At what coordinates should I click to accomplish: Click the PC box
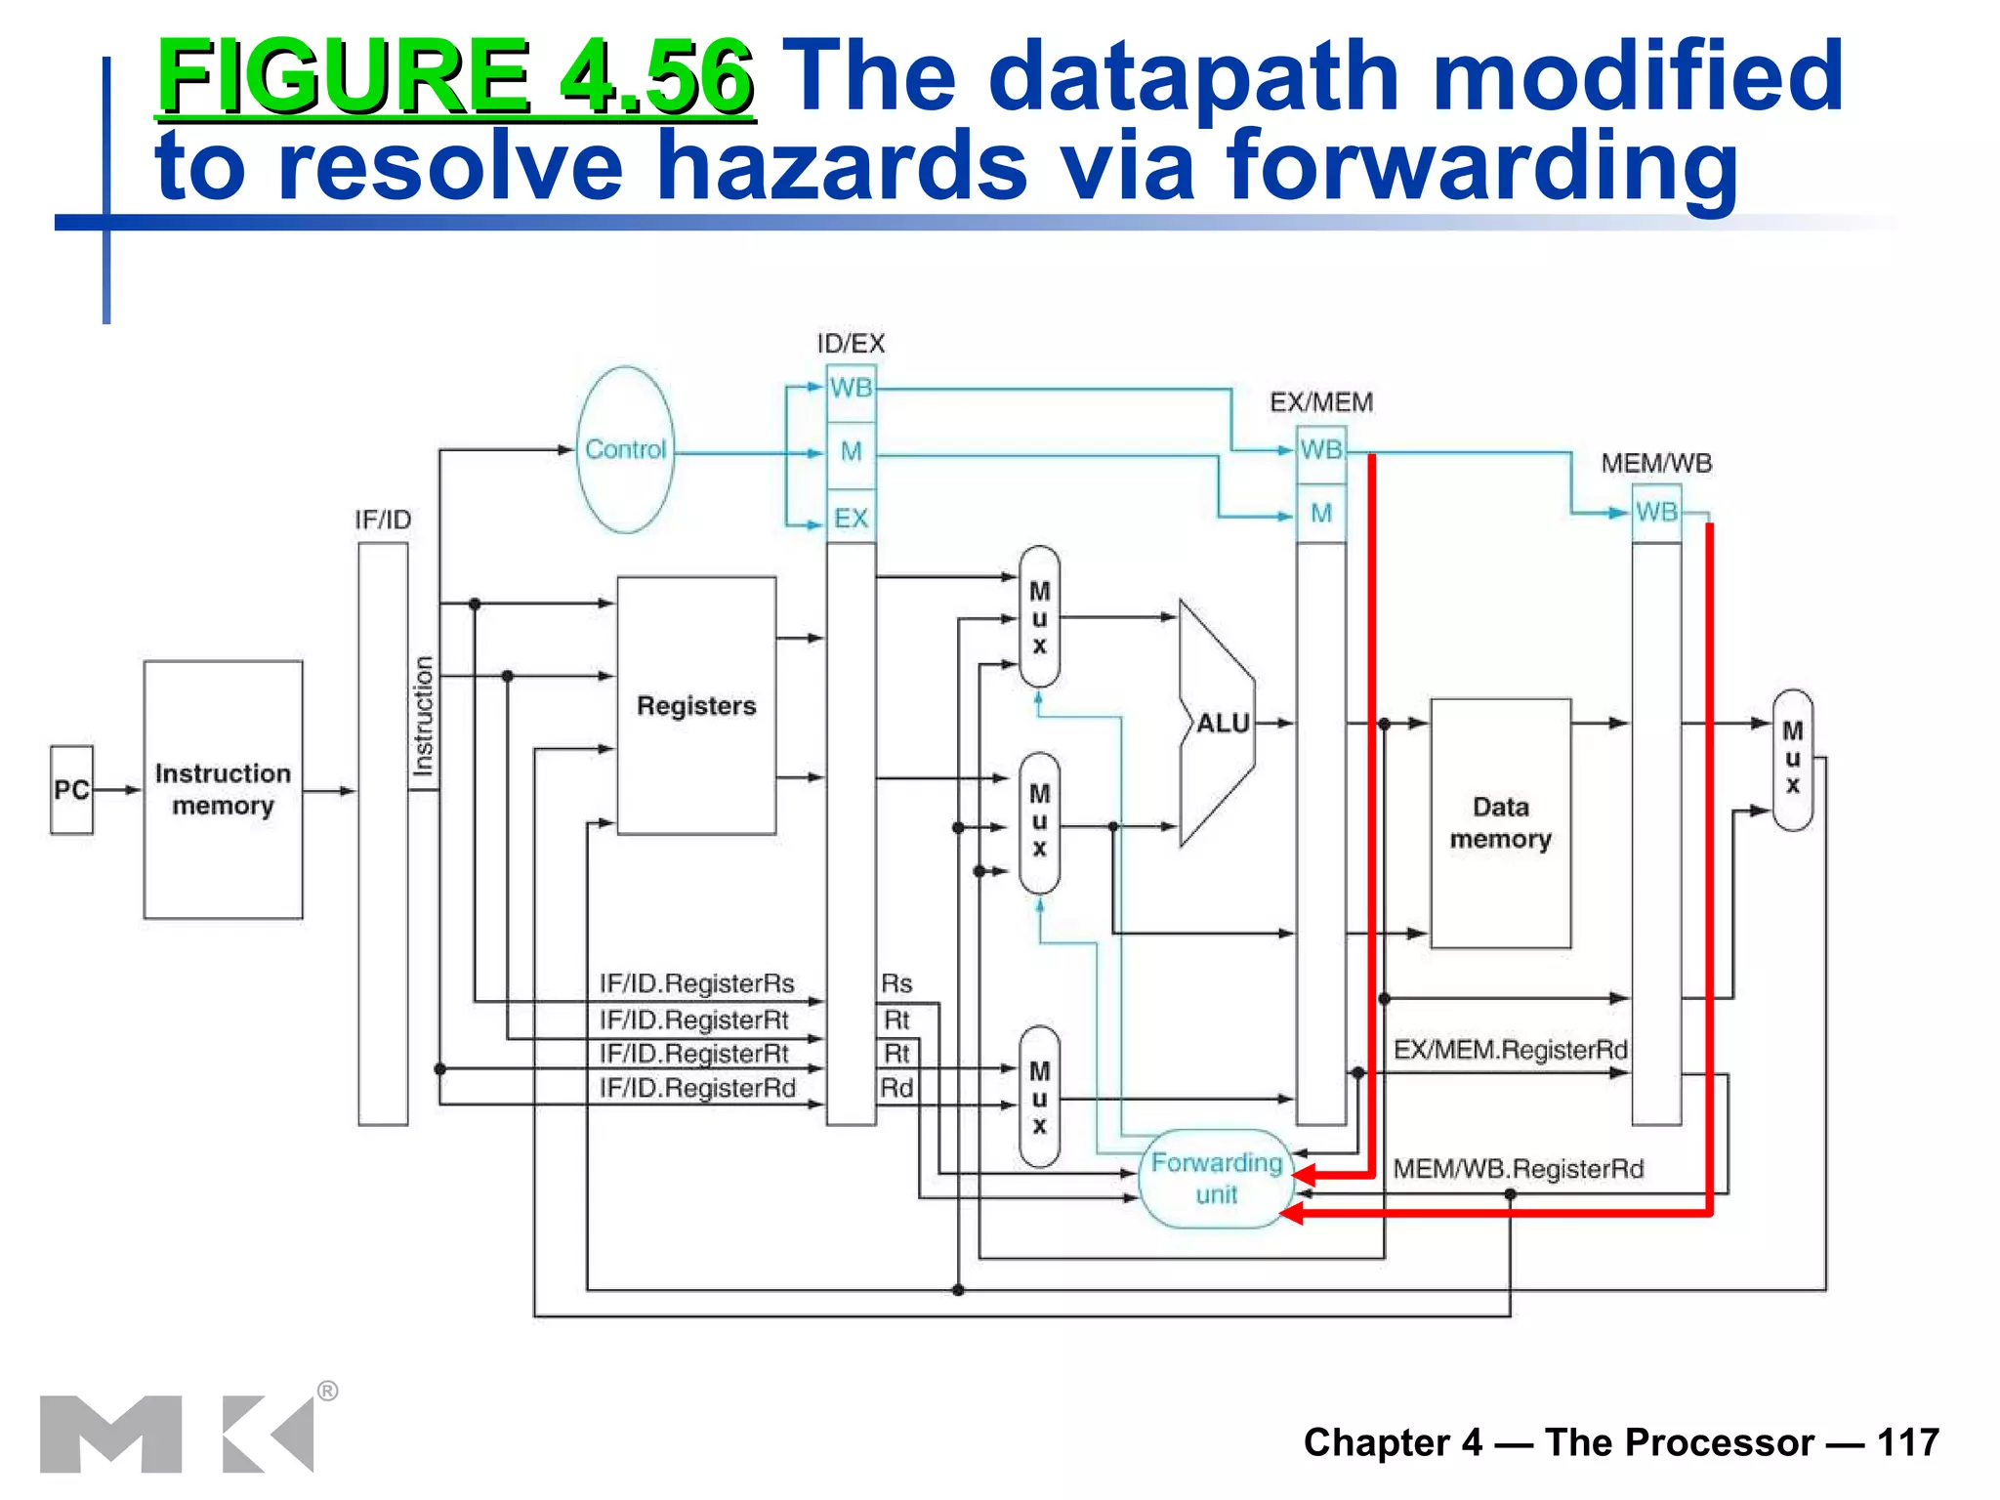(x=71, y=789)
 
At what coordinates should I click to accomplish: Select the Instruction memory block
(x=223, y=789)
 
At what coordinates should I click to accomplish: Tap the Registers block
(x=696, y=705)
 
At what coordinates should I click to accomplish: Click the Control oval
(x=625, y=449)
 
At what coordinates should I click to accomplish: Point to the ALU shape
(x=1220, y=723)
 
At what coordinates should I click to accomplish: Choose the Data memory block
(x=1500, y=822)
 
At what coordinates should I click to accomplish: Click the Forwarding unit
(x=1216, y=1178)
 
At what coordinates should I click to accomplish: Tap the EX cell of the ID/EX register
(x=851, y=518)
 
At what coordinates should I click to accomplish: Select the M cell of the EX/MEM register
(x=1321, y=513)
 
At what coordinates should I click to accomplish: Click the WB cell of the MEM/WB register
(x=1656, y=512)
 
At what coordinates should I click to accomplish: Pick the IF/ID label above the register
(x=383, y=520)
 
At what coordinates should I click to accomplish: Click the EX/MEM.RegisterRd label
(x=1510, y=1050)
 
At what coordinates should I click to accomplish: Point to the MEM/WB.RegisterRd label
(x=1518, y=1169)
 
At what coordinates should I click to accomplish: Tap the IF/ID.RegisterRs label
(x=696, y=983)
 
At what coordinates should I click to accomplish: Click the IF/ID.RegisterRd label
(x=697, y=1088)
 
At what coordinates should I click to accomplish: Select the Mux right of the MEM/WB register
(x=1792, y=759)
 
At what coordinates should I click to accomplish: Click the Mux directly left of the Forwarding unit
(x=1039, y=1097)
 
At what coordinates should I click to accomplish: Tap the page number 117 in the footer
(x=1907, y=1442)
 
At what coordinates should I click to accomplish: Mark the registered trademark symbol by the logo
(x=327, y=1391)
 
